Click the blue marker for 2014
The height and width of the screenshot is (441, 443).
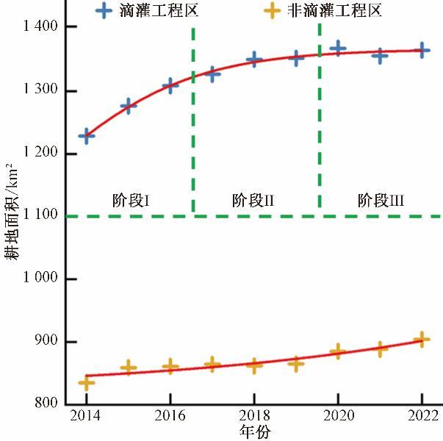[87, 136]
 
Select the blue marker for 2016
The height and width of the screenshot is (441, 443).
[170, 85]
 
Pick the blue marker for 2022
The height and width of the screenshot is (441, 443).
[421, 51]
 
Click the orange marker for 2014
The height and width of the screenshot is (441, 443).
[87, 382]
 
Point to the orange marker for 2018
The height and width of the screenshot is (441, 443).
[254, 365]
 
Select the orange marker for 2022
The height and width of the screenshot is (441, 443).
[421, 340]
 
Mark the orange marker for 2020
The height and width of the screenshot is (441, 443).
[337, 351]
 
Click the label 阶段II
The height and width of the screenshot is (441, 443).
[253, 199]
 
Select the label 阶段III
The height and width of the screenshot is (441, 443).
[381, 199]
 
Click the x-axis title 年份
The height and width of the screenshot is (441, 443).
[253, 431]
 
